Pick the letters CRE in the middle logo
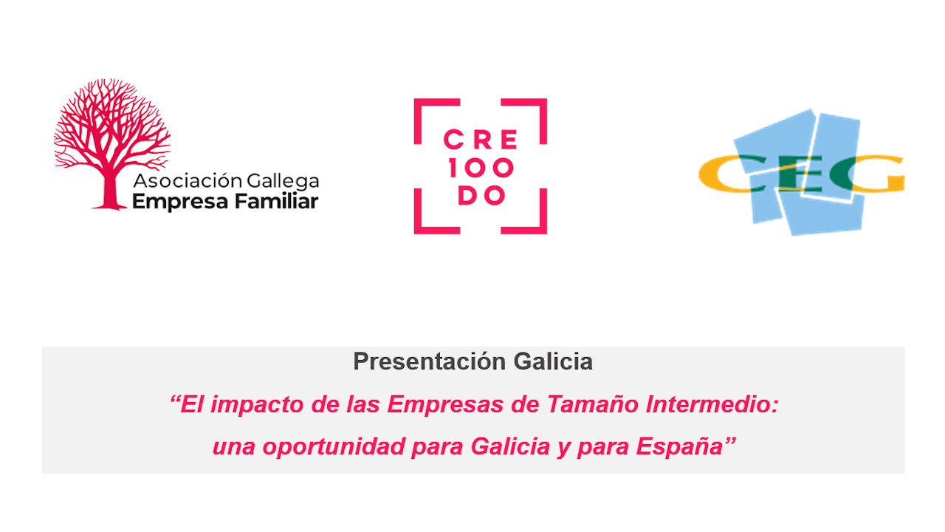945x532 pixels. [x=480, y=140]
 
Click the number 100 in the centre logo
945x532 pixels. [x=480, y=168]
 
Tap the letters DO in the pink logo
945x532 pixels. [x=481, y=196]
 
